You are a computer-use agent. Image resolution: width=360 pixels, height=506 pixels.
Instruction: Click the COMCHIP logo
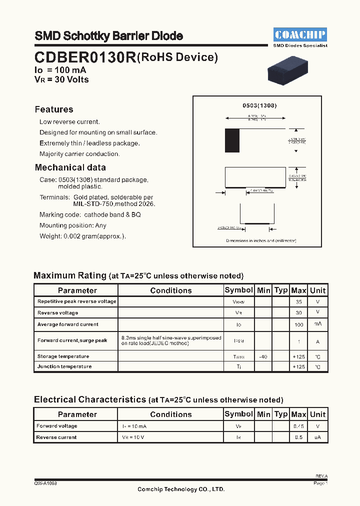click(x=300, y=34)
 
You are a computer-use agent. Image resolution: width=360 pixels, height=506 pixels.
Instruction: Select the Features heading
click(x=54, y=109)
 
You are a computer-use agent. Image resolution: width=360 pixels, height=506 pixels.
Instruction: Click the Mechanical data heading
click(x=70, y=167)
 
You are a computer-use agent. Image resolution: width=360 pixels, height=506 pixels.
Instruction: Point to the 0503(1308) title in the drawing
click(x=259, y=106)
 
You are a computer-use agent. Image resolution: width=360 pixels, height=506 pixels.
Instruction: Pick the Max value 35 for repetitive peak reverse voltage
click(x=298, y=302)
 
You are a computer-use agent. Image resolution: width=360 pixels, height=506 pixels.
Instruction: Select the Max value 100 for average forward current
click(x=298, y=324)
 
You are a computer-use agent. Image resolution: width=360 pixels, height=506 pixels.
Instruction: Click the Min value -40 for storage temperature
click(x=263, y=356)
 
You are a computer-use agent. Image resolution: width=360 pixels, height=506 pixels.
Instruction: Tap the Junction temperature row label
click(x=64, y=366)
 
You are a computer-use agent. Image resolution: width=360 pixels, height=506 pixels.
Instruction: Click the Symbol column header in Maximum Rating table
click(x=239, y=290)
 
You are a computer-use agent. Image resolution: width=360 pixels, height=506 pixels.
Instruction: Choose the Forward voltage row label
click(x=57, y=426)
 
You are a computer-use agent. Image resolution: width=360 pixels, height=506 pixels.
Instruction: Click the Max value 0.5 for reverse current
click(x=298, y=437)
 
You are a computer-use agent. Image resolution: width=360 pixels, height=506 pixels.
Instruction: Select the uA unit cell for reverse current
click(x=317, y=437)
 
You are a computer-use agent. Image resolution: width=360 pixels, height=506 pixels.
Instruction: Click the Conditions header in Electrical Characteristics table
click(x=170, y=414)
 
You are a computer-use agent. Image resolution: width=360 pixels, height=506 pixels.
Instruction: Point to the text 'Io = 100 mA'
click(x=60, y=70)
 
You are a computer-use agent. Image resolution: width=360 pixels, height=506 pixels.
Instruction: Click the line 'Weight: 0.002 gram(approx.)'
click(x=82, y=236)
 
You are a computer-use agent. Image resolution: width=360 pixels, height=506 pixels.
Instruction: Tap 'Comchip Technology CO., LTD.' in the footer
click(x=181, y=489)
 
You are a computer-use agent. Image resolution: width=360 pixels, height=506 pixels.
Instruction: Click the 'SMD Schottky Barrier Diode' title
click(x=108, y=36)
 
